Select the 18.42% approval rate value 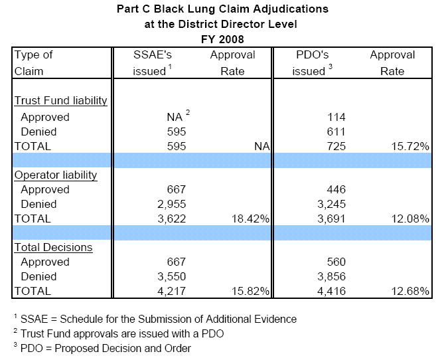pyautogui.click(x=250, y=219)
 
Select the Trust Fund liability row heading pyautogui.click(x=61, y=101)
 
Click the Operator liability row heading pyautogui.click(x=56, y=175)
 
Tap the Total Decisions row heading pyautogui.click(x=53, y=248)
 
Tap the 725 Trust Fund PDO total pyautogui.click(x=334, y=146)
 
